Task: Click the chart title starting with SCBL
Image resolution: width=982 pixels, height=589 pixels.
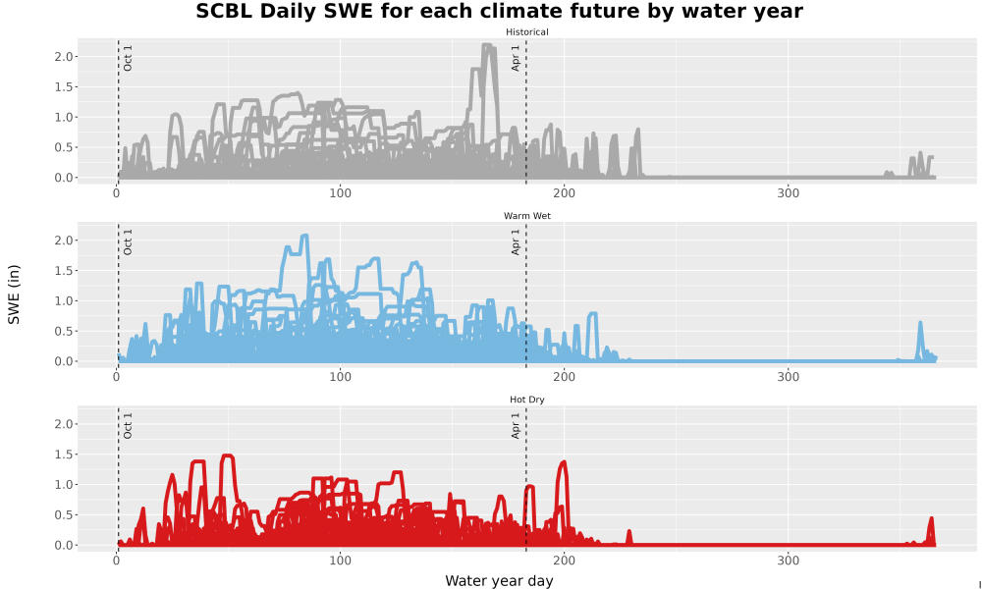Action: [499, 11]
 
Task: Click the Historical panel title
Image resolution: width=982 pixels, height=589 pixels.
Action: [526, 32]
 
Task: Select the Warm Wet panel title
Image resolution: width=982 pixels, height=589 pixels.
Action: [526, 216]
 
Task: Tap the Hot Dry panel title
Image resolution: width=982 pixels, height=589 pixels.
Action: [526, 400]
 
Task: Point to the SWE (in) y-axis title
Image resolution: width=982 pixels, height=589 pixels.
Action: [14, 294]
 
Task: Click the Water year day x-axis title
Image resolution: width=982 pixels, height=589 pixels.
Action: [499, 581]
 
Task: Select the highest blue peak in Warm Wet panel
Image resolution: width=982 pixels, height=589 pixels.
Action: [304, 236]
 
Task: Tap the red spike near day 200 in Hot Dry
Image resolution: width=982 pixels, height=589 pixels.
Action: [563, 463]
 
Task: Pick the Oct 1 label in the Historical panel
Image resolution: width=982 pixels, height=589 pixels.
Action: [128, 58]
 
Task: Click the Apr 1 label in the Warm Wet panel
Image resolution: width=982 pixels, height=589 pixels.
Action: [516, 242]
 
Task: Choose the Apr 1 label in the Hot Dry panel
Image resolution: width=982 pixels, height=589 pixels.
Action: [516, 426]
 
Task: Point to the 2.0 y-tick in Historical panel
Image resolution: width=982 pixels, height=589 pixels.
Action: [65, 57]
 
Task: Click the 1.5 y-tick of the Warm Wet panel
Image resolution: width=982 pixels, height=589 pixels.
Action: [65, 271]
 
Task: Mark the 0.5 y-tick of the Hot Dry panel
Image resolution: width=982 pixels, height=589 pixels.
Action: [65, 515]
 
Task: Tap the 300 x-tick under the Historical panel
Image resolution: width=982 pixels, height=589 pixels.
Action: [788, 193]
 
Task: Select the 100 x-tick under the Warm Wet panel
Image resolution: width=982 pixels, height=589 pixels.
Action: [340, 377]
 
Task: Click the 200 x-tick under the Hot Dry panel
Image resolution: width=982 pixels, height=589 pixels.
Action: [564, 561]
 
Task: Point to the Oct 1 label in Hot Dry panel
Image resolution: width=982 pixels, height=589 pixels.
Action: [128, 426]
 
